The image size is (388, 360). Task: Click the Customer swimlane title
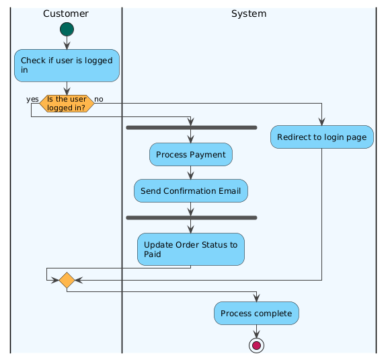[65, 13]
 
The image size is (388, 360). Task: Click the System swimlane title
[248, 13]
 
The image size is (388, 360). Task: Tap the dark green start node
[67, 29]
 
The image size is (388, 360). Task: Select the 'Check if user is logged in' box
[67, 65]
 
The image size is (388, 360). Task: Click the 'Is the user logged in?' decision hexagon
[67, 104]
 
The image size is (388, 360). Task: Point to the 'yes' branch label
[32, 99]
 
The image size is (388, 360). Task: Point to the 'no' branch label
[99, 99]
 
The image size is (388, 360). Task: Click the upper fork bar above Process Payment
[191, 127]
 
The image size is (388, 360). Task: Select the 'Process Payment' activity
[191, 155]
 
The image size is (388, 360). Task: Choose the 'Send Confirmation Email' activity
[191, 191]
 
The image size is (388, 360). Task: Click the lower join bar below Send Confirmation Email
[191, 217]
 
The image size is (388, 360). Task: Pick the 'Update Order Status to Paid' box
[191, 249]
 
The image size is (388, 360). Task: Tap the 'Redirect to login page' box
[321, 137]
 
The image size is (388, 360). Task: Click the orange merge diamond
[67, 280]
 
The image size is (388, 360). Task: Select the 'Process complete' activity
[256, 314]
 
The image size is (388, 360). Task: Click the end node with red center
[256, 345]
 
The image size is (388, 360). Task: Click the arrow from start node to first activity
[67, 42]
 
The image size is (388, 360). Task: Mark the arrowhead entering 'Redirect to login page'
[321, 121]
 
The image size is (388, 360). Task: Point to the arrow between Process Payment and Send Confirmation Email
[191, 173]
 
